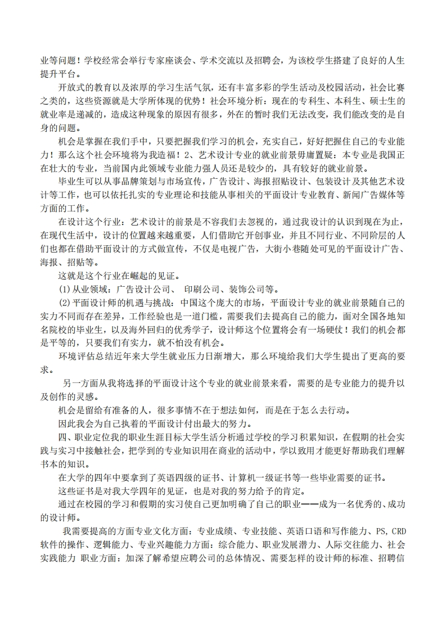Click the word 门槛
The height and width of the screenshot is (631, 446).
coord(183,316)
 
